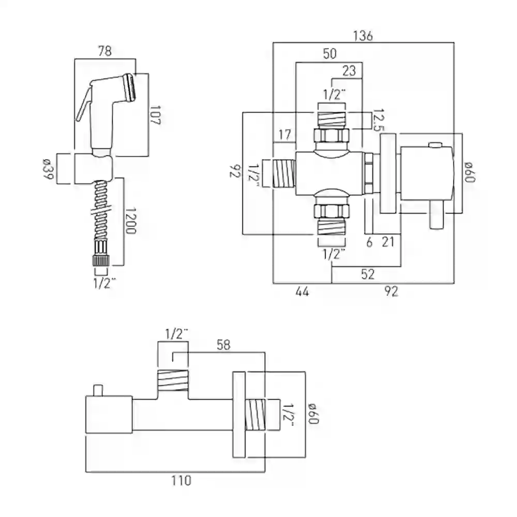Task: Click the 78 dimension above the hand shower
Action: pos(104,51)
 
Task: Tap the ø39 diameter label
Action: pos(47,169)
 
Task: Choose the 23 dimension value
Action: pos(349,71)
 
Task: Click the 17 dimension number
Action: pos(284,135)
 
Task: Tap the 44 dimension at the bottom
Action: pos(302,292)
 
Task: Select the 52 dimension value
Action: pos(367,274)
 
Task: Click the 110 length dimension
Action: pos(180,481)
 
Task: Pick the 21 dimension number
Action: pos(389,241)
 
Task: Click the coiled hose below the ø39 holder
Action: pos(100,212)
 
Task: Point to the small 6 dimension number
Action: pos(369,241)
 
